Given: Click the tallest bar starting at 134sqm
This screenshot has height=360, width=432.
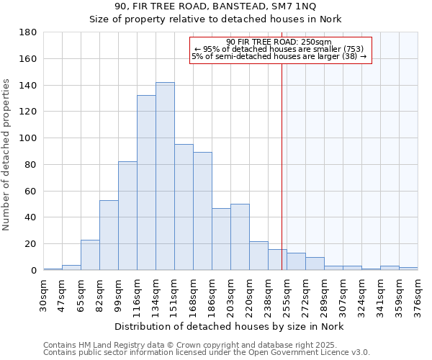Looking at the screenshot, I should tap(165, 176).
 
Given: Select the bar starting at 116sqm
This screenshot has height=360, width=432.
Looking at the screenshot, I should tap(146, 183).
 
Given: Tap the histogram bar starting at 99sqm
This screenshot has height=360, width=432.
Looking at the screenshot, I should tap(127, 216).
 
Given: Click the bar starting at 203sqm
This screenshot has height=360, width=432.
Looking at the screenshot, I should tap(240, 237).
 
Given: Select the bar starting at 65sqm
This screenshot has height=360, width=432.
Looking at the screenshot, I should tap(90, 255).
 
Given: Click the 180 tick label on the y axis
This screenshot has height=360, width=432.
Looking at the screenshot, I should tap(28, 32).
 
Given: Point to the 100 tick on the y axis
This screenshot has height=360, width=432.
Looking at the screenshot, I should tap(28, 138).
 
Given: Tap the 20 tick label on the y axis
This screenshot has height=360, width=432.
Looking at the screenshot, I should tap(31, 244).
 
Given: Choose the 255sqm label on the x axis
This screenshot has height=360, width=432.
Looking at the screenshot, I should tap(287, 294).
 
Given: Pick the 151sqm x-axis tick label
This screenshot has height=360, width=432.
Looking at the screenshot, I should tap(174, 294).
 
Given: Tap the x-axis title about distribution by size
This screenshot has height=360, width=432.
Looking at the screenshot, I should tap(230, 327).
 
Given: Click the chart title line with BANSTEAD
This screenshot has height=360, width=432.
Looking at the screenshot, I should tap(215, 6).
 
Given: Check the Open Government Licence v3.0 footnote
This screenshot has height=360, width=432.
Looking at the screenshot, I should tap(207, 353).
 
